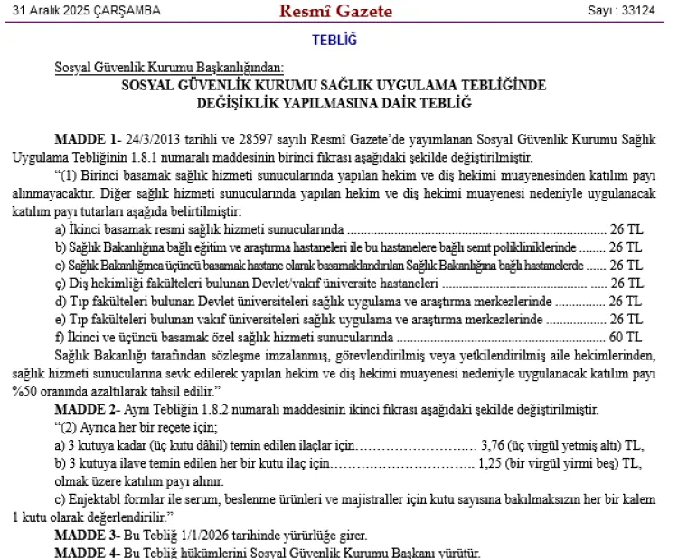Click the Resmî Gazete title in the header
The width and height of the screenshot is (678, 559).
pos(335,12)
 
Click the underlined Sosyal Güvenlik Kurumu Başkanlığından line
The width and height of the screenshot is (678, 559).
pos(169,68)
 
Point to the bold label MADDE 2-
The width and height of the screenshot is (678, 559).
pos(87,409)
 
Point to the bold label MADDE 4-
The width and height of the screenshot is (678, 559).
pos(87,553)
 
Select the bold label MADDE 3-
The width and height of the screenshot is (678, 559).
pos(87,536)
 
